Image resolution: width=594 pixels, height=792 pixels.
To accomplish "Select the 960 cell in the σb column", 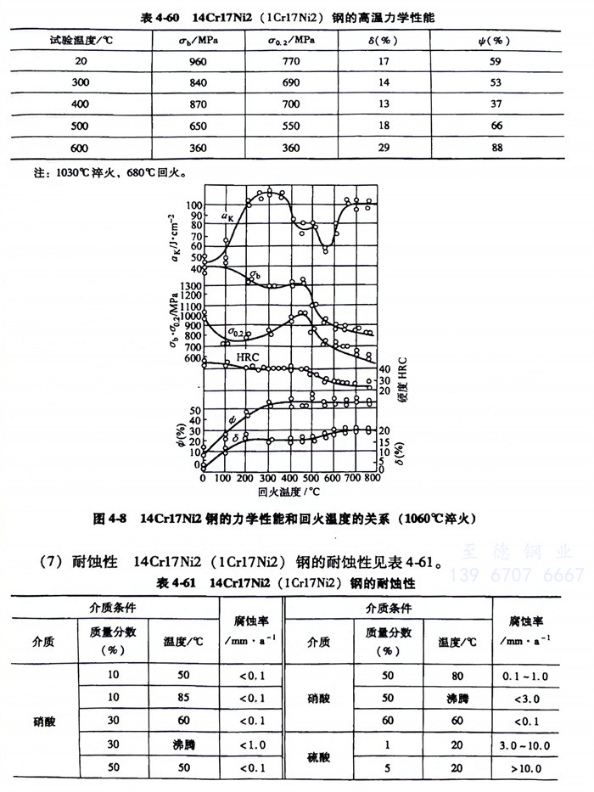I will (199, 61).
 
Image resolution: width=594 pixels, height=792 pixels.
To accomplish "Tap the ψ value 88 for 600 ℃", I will (496, 148).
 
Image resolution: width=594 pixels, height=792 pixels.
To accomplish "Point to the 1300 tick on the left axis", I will (186, 285).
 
